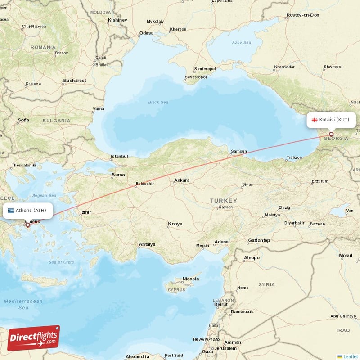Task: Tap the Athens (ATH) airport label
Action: (x=30, y=210)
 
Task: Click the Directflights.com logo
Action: (x=33, y=338)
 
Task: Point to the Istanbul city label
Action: (x=119, y=157)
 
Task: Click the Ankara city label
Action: (x=182, y=180)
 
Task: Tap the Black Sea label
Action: (x=158, y=103)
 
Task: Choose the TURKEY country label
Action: (x=223, y=200)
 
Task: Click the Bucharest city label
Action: (x=75, y=81)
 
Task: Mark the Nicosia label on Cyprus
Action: (x=190, y=279)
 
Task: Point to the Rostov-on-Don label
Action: (x=302, y=15)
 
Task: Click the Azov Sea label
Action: (x=241, y=42)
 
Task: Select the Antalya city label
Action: (x=147, y=244)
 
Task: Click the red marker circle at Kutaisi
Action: (x=331, y=134)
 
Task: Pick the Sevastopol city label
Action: (x=196, y=77)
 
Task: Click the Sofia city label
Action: (x=23, y=120)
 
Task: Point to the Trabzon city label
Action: (x=294, y=157)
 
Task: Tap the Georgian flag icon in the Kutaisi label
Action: (x=315, y=120)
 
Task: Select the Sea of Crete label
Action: (x=61, y=262)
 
